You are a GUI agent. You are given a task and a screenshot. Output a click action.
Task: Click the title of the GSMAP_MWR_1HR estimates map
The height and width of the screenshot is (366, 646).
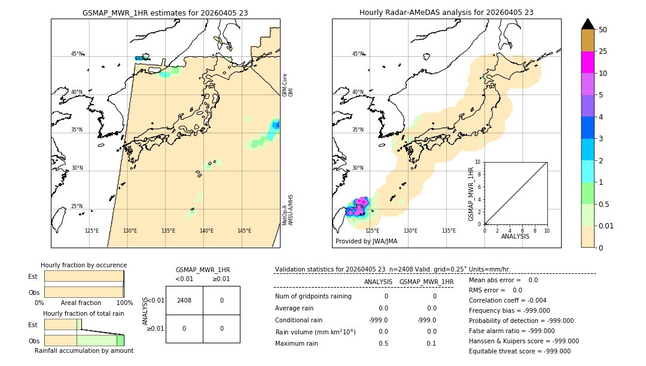165,13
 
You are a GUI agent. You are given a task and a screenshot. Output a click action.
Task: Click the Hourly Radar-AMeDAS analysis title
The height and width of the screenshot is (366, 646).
446,13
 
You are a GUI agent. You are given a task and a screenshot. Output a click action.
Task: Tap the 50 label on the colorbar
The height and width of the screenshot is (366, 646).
603,30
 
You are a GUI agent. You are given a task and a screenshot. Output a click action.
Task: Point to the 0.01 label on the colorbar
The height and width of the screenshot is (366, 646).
607,226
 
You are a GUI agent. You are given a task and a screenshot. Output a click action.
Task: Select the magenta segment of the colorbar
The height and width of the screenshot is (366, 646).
587,62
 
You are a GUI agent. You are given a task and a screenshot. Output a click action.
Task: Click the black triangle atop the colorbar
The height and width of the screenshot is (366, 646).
587,24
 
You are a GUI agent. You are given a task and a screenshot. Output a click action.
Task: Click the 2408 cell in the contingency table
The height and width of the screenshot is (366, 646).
184,300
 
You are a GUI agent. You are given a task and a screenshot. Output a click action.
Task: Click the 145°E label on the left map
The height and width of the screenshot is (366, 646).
244,231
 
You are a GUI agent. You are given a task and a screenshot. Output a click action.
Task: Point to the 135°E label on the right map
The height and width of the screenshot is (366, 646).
449,231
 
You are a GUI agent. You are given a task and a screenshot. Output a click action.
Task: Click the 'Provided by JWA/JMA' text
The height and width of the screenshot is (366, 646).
366,242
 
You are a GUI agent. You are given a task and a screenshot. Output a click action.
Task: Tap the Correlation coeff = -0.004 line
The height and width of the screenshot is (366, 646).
507,301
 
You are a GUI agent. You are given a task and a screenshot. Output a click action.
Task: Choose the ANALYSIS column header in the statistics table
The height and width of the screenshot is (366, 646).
378,282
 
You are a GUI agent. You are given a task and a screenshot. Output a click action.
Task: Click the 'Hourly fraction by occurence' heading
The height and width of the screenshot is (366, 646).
84,265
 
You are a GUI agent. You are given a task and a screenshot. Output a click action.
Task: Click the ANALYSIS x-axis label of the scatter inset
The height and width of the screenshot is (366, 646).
515,236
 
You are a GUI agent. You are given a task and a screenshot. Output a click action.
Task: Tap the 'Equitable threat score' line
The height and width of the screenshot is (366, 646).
519,351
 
